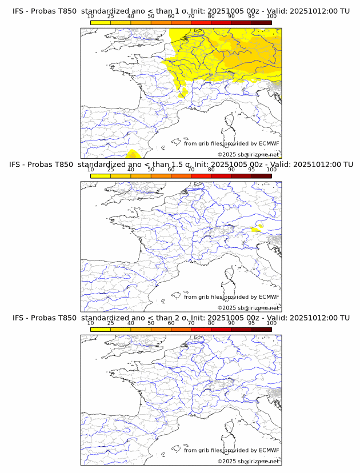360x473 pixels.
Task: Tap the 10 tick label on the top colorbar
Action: tap(91, 17)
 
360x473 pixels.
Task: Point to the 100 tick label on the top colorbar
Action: tap(271, 17)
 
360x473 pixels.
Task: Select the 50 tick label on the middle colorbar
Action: tap(151, 170)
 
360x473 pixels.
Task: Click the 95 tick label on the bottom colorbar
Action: tap(251, 323)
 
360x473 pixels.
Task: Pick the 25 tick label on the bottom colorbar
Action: tap(111, 323)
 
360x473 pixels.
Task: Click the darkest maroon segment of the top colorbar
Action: tap(261, 22)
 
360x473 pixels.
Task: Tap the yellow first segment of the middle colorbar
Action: tap(101, 176)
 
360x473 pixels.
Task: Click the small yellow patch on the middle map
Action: tap(257, 228)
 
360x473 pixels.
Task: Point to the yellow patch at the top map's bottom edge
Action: tap(133, 154)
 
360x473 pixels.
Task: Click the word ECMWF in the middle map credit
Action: tap(269, 297)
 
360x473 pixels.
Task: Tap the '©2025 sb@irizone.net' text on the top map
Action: tap(248, 155)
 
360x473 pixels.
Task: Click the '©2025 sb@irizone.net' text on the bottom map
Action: tap(248, 461)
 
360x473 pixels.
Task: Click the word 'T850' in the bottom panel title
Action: tap(65, 318)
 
